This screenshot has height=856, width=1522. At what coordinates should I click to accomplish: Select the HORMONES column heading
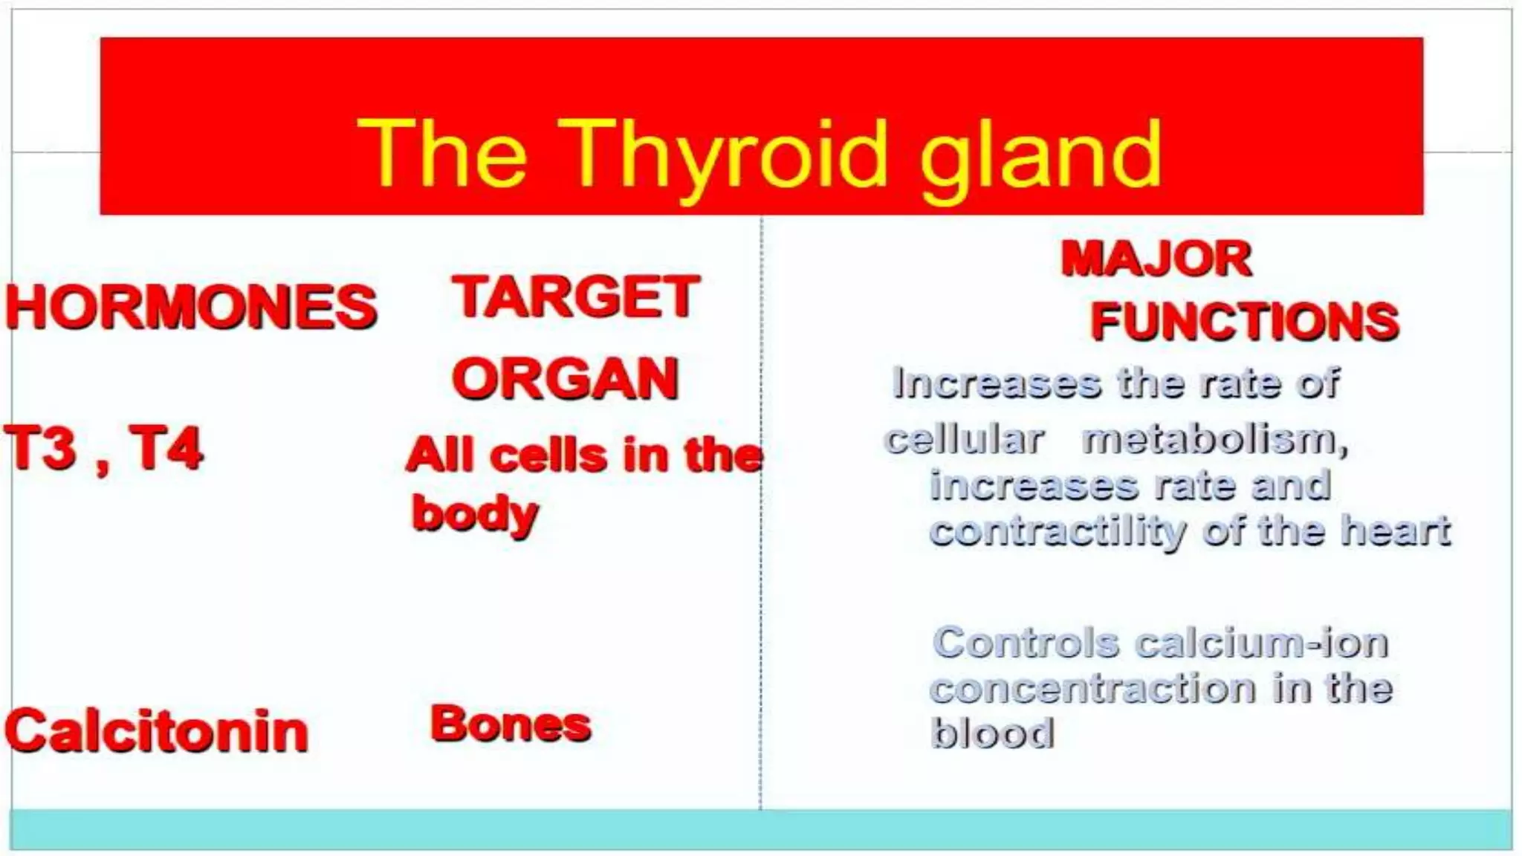click(192, 306)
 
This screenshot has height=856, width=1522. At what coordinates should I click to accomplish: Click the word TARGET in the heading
click(576, 296)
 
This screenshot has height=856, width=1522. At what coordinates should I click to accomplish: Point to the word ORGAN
click(566, 378)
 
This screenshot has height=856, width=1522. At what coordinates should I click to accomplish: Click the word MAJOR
click(1156, 259)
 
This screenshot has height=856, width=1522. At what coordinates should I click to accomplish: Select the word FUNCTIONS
click(1245, 321)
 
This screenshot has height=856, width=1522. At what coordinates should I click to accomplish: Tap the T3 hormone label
click(41, 448)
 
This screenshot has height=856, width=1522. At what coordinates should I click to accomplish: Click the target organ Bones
click(511, 724)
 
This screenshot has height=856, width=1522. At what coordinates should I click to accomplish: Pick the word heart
click(1396, 531)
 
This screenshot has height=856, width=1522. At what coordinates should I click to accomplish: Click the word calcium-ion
click(1262, 643)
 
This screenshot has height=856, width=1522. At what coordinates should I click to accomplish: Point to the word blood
click(993, 733)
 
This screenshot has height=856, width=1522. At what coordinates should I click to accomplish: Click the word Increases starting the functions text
click(997, 383)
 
